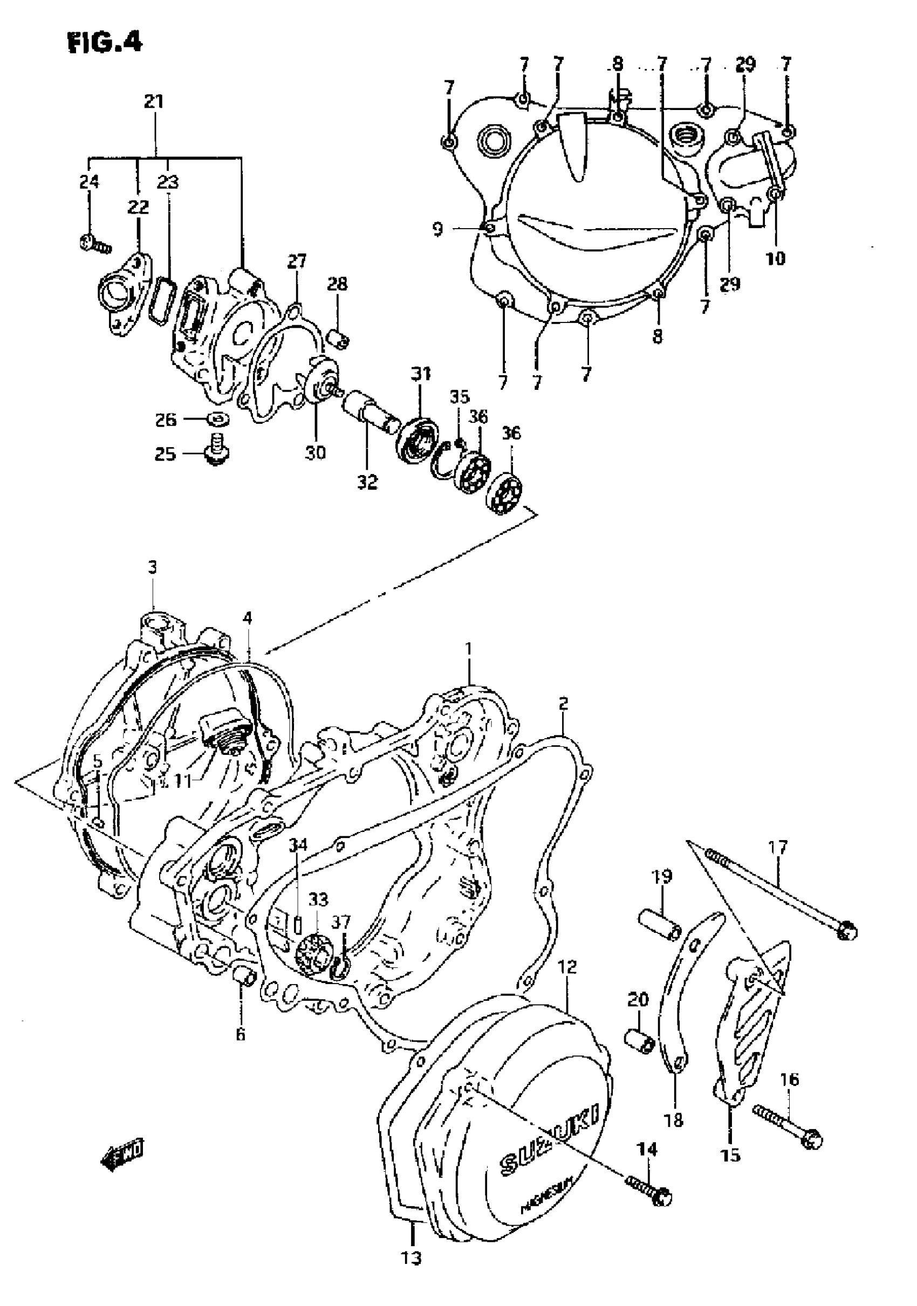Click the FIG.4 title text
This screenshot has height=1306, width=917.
(105, 42)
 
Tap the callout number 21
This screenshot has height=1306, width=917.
(154, 102)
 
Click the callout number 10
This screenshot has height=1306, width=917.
(775, 259)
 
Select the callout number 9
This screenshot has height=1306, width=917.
(437, 230)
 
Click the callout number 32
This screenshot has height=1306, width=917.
(367, 483)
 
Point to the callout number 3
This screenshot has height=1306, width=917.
(152, 567)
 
